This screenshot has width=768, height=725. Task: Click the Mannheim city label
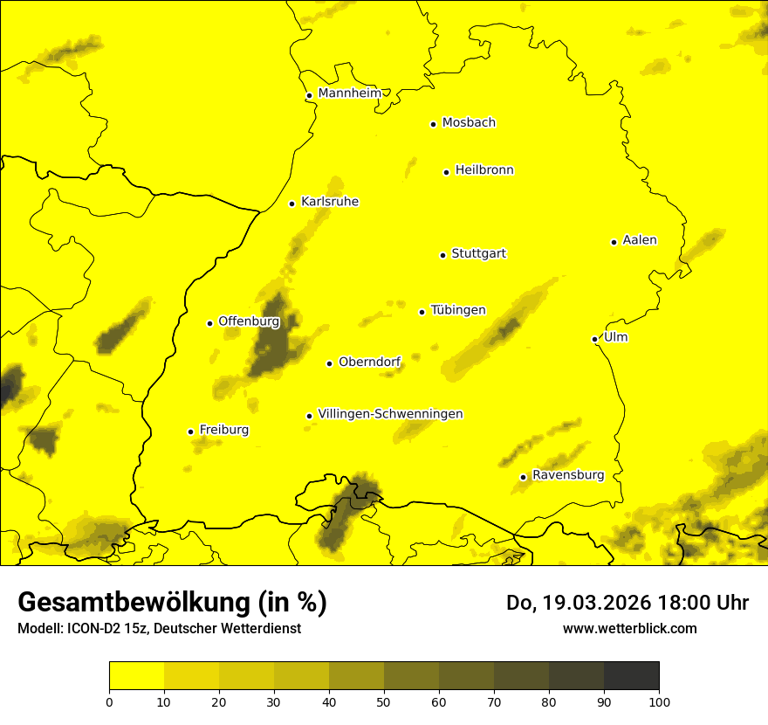[x=349, y=93]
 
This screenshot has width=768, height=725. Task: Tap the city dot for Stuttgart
[x=442, y=255]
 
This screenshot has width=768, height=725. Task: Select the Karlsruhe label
[x=329, y=202]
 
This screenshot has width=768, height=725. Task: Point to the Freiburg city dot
[x=190, y=432]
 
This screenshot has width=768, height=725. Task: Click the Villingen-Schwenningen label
[x=390, y=414]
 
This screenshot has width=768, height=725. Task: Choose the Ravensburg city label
[x=568, y=475]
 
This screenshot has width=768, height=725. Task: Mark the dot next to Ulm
[x=594, y=339]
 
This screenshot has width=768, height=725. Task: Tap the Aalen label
[x=640, y=240]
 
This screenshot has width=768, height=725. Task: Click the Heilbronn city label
[x=484, y=170]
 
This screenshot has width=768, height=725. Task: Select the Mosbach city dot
[x=433, y=124]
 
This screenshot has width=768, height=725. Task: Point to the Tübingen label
[x=458, y=310]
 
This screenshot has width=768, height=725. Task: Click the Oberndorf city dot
[x=329, y=363]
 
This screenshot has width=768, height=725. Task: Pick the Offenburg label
[x=249, y=321]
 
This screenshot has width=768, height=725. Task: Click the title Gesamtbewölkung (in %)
[x=172, y=603]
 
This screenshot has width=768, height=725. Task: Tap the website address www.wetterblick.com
[x=629, y=628]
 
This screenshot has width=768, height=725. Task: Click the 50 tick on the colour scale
[x=384, y=701]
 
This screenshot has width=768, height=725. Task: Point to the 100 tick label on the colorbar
[x=658, y=701]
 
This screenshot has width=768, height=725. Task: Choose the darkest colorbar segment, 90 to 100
[x=631, y=676]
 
